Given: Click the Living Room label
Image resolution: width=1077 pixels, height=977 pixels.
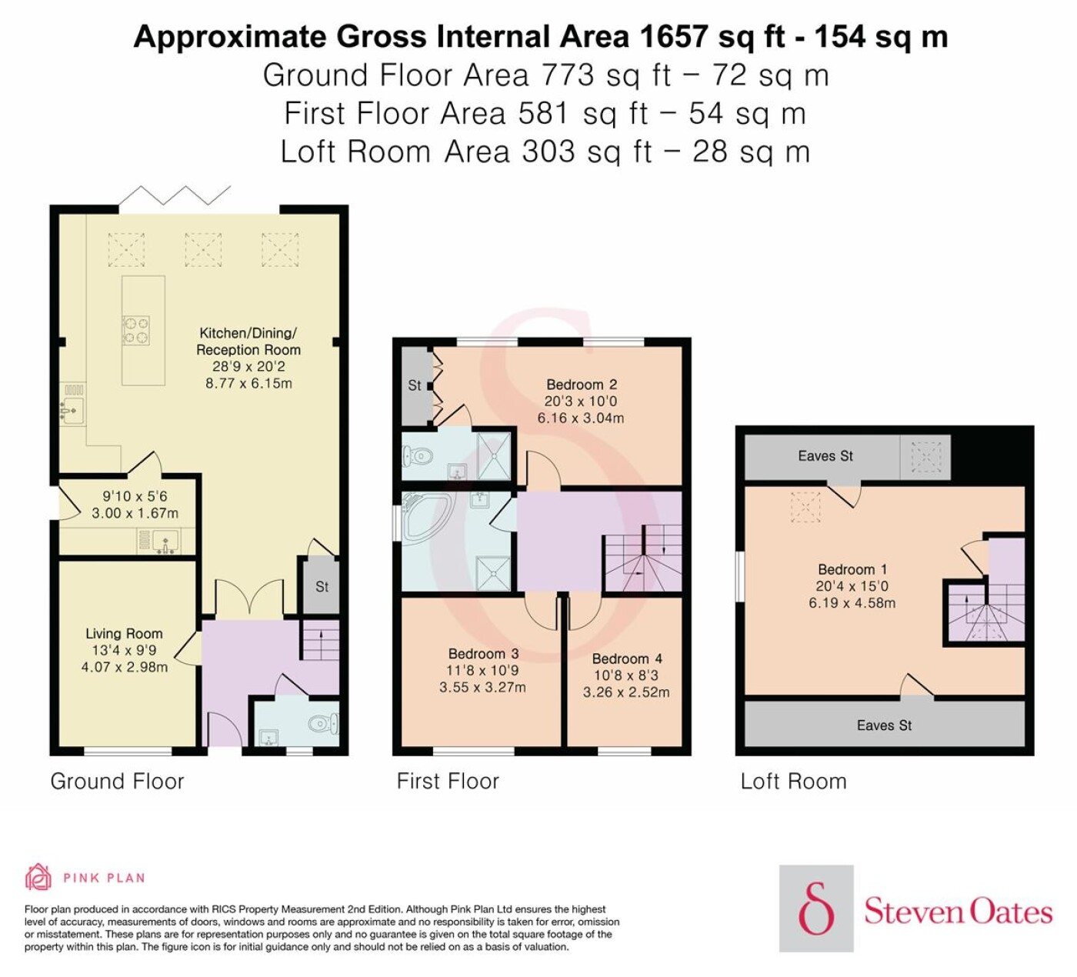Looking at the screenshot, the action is tap(124, 634).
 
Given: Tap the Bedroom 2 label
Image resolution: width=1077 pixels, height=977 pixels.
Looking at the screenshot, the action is tap(582, 385).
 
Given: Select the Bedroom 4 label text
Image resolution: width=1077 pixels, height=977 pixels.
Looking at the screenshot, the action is tap(627, 659).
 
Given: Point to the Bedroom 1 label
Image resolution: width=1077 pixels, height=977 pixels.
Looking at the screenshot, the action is tap(852, 569).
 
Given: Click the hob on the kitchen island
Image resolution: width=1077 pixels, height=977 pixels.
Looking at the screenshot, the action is tap(136, 330).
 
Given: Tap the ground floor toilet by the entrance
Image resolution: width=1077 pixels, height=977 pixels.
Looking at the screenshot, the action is tap(324, 725).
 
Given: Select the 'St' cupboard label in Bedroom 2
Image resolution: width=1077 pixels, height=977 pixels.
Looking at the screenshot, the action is tap(415, 385).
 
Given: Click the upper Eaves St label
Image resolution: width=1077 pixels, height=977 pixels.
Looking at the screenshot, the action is tap(825, 456).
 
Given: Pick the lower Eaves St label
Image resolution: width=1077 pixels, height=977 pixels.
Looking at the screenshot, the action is tap(884, 725).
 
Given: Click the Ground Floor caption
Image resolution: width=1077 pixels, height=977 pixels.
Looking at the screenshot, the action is tap(117, 782).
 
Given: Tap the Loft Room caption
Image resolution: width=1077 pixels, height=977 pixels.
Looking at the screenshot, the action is tap(794, 782).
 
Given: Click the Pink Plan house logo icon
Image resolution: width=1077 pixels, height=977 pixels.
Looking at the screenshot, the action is tap(38, 877).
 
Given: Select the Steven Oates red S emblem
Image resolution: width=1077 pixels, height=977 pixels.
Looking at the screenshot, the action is tap(816, 907).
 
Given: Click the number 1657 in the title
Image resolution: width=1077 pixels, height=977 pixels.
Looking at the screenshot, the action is tap(673, 36).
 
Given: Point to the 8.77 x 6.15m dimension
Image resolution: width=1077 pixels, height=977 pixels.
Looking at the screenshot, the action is tap(248, 384).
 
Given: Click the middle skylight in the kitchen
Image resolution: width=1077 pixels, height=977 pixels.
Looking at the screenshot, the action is tap(203, 250).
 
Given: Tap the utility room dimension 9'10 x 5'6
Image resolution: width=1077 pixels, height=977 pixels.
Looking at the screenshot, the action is tap(135, 496).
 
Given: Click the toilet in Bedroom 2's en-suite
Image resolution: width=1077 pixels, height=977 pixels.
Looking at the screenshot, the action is tap(416, 456).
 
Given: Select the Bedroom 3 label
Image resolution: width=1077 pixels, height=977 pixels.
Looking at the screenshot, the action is tap(483, 654).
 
